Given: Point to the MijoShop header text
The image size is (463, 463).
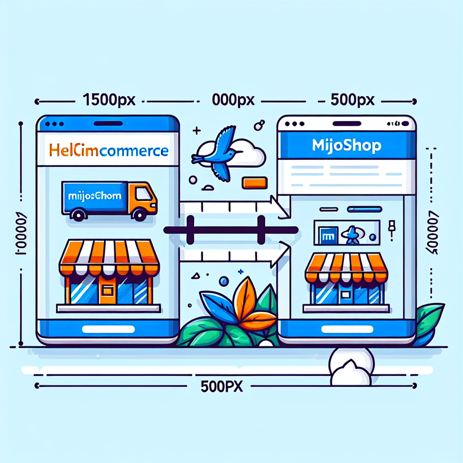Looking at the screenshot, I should (347, 146).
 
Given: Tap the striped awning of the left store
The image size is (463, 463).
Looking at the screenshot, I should (109, 258).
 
